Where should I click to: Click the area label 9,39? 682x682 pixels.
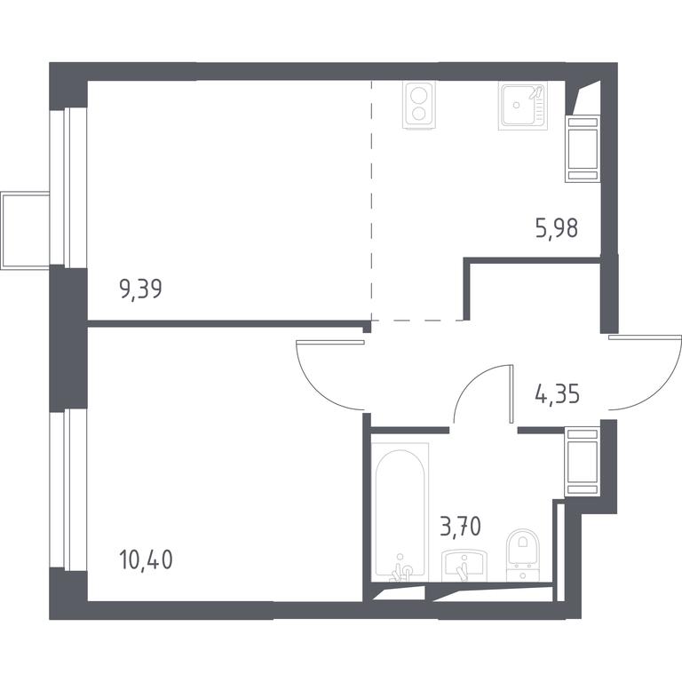[x=140, y=289]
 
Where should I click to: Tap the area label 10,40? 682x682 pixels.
[x=146, y=559]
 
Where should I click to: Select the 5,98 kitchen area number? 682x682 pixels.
[x=557, y=228]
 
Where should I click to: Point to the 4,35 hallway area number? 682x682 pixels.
[x=557, y=394]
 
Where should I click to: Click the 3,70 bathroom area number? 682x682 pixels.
[x=461, y=527]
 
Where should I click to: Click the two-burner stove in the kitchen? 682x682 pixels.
[x=419, y=105]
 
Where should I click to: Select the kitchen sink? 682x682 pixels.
[x=523, y=106]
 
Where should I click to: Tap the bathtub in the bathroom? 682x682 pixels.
[x=400, y=511]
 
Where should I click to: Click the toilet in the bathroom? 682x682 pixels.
[x=523, y=554]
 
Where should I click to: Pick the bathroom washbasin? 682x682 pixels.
[x=464, y=566]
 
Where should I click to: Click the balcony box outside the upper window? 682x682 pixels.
[x=25, y=231]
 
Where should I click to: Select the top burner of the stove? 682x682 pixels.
[x=419, y=95]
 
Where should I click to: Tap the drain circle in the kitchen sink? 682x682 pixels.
[x=516, y=105]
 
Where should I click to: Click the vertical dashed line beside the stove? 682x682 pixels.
[x=371, y=200]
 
